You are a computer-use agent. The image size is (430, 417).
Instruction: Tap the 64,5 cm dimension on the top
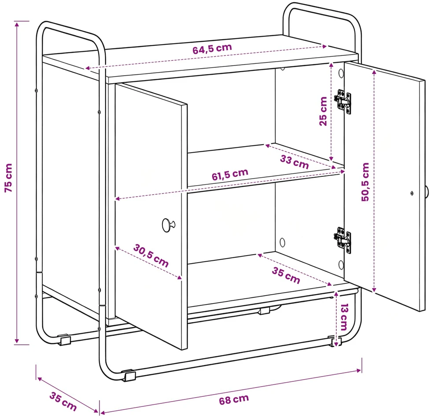tap(212, 49)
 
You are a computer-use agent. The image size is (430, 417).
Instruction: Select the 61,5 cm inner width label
tap(230, 174)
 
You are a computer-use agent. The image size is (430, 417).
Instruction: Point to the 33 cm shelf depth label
tap(294, 162)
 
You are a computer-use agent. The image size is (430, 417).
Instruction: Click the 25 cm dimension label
tap(323, 111)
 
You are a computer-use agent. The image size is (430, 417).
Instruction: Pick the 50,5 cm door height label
tap(365, 182)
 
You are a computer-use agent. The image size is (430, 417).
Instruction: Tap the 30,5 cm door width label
tap(151, 256)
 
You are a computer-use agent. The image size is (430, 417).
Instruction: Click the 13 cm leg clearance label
tap(344, 317)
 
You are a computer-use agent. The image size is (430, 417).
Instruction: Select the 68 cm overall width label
tap(234, 399)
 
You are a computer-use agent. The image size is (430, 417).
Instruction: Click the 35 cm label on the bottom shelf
tap(286, 275)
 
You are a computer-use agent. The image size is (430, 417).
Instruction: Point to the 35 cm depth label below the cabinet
tap(63, 401)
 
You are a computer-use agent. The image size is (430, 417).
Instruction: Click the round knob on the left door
tap(168, 225)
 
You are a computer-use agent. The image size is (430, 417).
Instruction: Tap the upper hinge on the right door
tap(343, 102)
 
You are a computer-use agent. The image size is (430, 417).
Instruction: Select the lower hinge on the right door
tap(343, 240)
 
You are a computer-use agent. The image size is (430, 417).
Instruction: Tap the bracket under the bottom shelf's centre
tap(264, 311)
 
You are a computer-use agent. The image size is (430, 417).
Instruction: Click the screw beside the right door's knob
tap(412, 193)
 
